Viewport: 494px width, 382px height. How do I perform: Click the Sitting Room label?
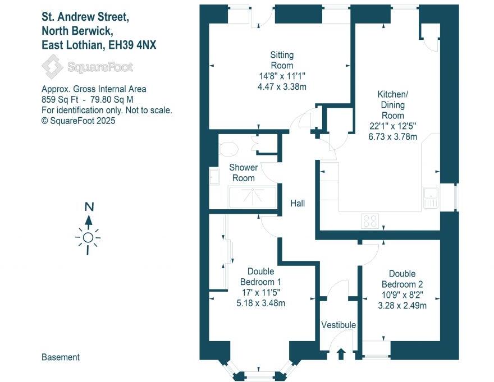click(282, 60)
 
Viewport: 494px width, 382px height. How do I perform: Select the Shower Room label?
click(244, 173)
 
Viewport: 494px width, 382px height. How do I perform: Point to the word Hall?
click(298, 203)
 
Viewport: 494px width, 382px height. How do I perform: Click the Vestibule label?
click(338, 325)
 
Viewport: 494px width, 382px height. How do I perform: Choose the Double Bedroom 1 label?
click(260, 277)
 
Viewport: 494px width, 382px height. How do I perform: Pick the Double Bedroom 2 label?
click(402, 279)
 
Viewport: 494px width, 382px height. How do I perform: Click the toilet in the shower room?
click(227, 149)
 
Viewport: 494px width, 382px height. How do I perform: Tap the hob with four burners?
click(370, 221)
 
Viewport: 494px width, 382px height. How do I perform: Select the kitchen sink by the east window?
click(431, 196)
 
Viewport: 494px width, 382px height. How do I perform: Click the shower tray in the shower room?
click(253, 198)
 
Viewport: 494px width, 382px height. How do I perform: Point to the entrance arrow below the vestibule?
click(341, 354)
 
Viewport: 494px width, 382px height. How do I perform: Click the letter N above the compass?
click(88, 206)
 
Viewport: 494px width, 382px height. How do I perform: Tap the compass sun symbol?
click(88, 238)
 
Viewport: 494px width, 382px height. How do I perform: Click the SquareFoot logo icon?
click(53, 68)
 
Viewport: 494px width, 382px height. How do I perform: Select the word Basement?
click(61, 357)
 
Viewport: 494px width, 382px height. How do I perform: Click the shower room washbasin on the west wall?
click(214, 177)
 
